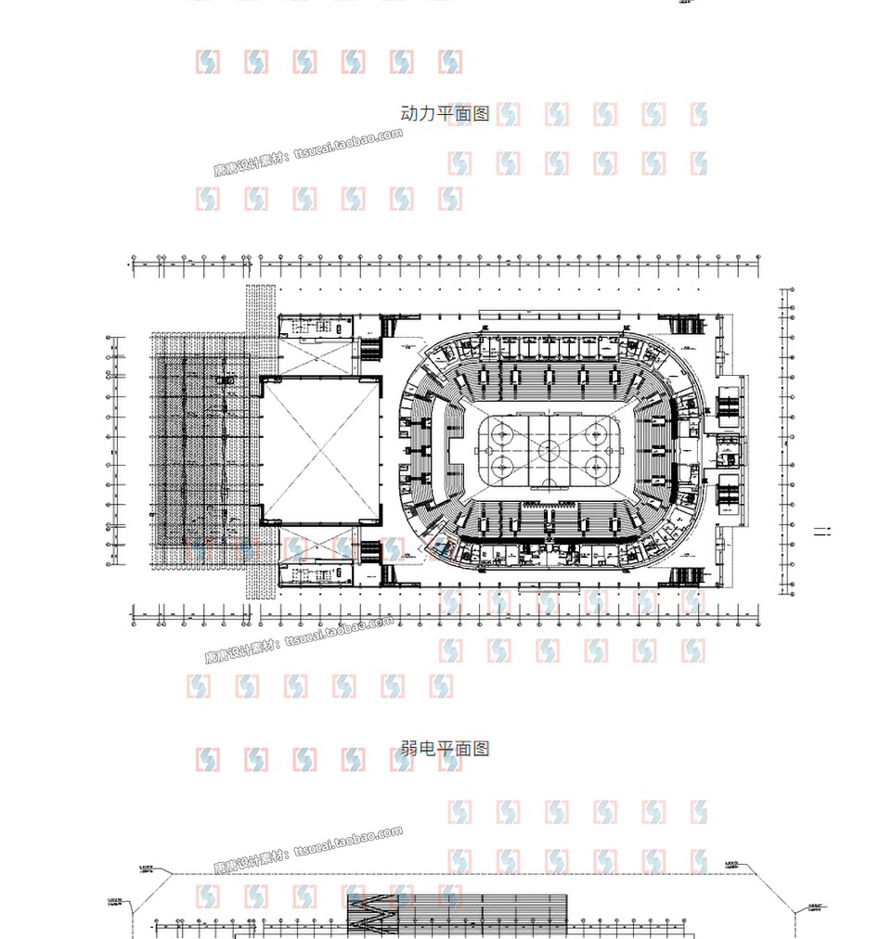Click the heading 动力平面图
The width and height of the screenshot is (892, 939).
coord(445,114)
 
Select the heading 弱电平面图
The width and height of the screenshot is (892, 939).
coord(445,749)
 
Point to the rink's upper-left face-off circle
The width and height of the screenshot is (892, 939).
coord(502,432)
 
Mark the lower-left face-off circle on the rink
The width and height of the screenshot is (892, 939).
coord(502,467)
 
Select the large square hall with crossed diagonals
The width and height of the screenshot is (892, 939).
coord(320,451)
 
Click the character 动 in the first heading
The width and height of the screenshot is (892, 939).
coord(409,114)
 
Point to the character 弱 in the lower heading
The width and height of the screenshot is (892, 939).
coord(409,749)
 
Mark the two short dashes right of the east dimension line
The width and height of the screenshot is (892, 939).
coord(821,531)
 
